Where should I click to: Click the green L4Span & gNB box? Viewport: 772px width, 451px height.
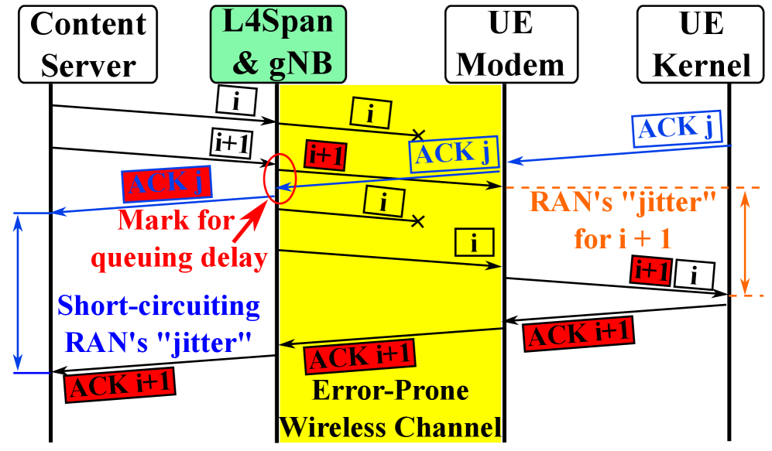pyautogui.click(x=278, y=44)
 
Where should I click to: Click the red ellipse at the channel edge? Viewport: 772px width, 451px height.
pyautogui.click(x=280, y=179)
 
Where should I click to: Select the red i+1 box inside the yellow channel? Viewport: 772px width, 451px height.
pyautogui.click(x=325, y=156)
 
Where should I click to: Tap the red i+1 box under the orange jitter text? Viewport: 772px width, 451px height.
pyautogui.click(x=650, y=271)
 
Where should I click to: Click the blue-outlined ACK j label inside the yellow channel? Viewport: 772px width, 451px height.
pyautogui.click(x=454, y=153)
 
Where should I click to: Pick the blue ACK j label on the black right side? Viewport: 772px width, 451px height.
pyautogui.click(x=677, y=128)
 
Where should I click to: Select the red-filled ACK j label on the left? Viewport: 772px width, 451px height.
pyautogui.click(x=167, y=183)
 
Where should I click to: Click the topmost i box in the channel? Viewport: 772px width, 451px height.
pyautogui.click(x=371, y=113)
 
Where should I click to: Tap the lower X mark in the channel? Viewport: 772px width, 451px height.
pyautogui.click(x=418, y=221)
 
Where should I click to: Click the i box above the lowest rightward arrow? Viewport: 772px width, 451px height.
pyautogui.click(x=475, y=243)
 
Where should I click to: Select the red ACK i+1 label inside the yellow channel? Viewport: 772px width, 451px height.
pyautogui.click(x=359, y=356)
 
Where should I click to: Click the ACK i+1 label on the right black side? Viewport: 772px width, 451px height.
pyautogui.click(x=578, y=333)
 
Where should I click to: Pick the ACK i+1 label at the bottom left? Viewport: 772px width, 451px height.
pyautogui.click(x=120, y=384)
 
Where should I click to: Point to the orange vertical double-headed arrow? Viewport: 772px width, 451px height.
pyautogui.click(x=745, y=241)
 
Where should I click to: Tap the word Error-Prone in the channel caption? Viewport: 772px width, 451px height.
pyautogui.click(x=390, y=391)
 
